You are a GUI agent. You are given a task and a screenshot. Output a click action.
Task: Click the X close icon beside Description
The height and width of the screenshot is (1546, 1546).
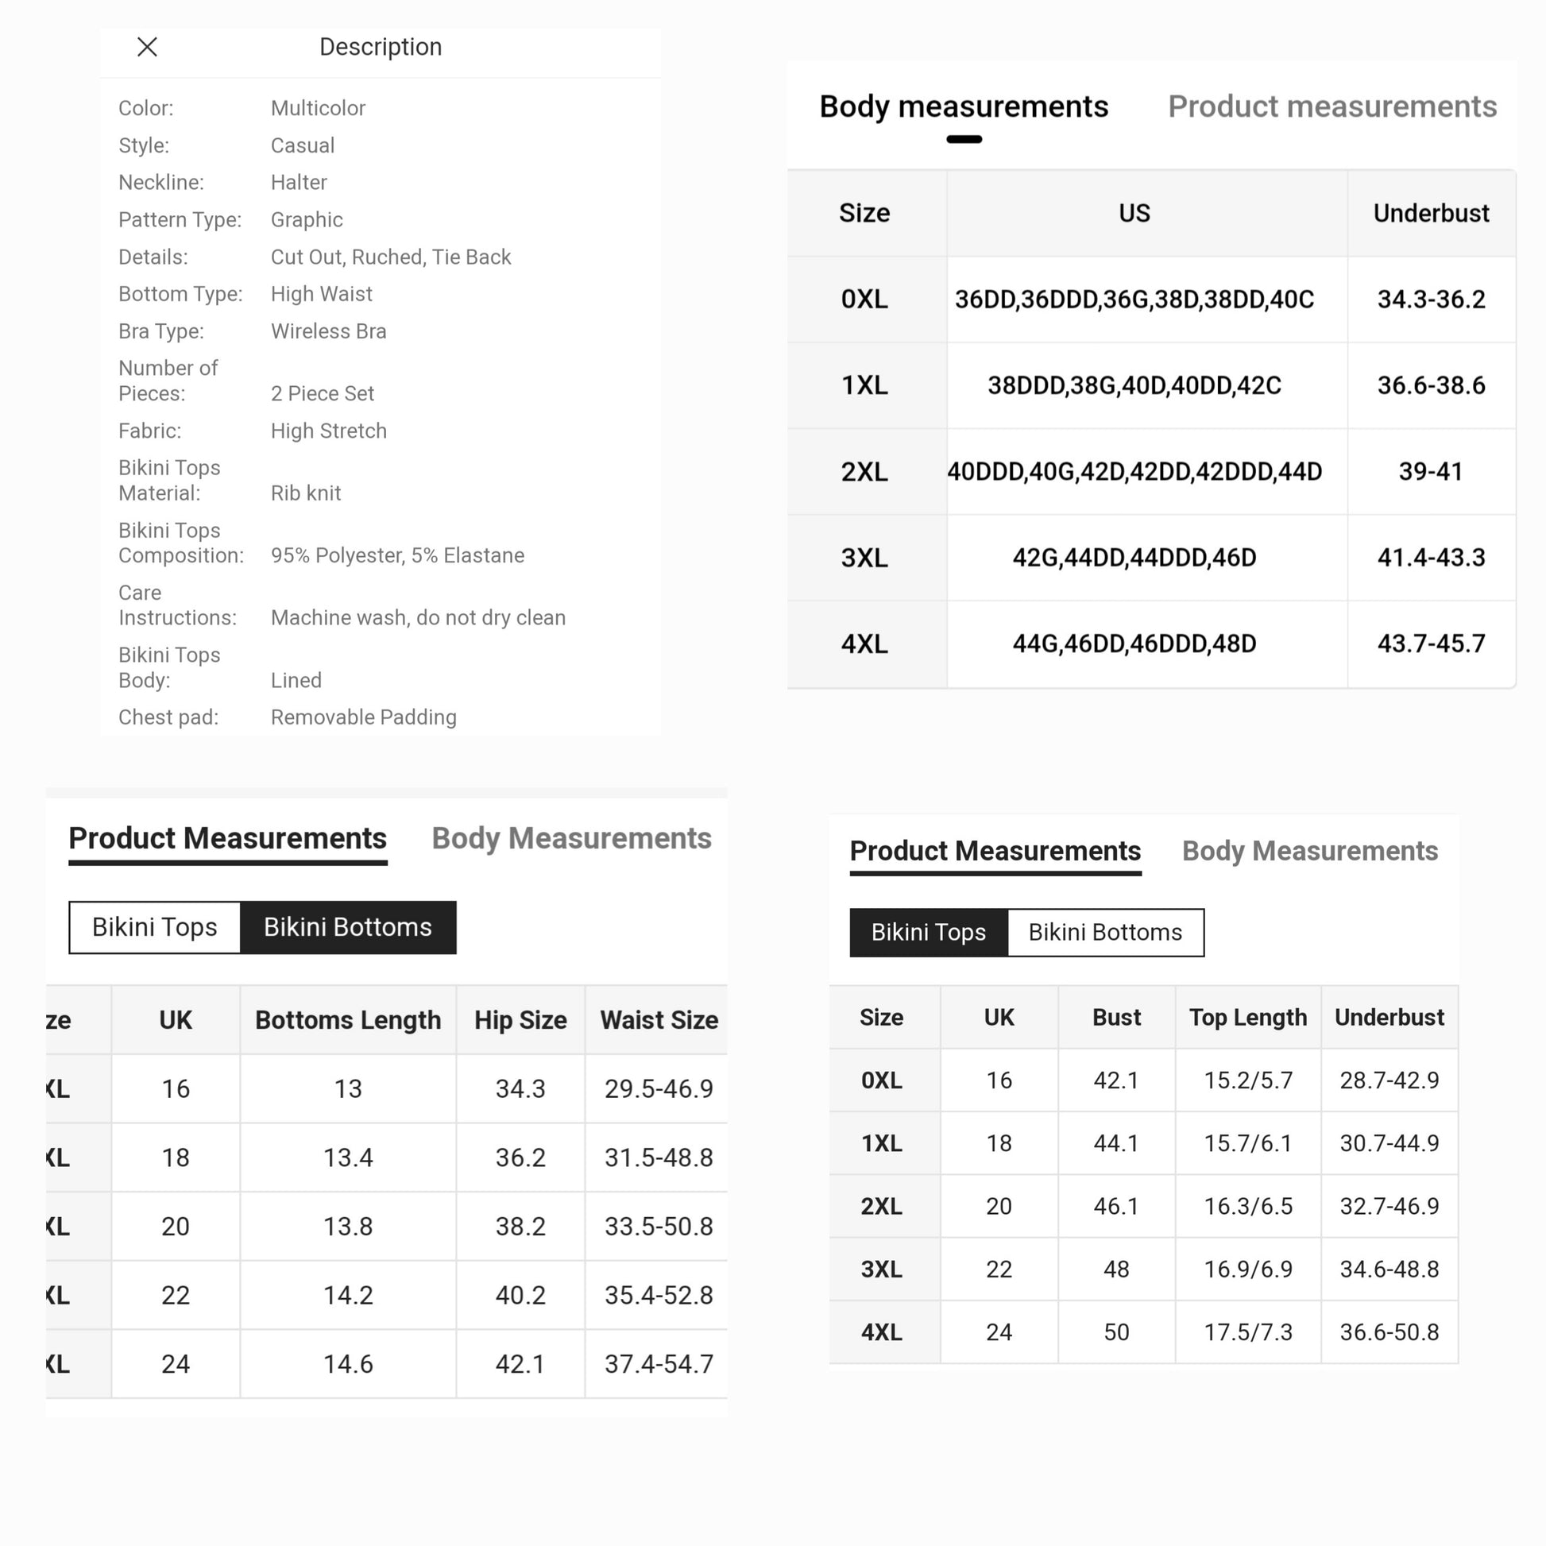click(x=147, y=47)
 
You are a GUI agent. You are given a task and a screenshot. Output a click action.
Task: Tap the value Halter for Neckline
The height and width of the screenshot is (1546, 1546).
click(x=299, y=183)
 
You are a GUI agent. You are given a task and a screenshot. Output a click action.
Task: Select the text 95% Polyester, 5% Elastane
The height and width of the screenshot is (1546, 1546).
click(x=397, y=555)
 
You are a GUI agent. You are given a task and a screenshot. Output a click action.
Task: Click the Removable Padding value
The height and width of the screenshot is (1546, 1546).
click(x=363, y=717)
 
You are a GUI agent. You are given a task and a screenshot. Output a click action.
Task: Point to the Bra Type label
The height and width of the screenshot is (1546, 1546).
click(x=160, y=331)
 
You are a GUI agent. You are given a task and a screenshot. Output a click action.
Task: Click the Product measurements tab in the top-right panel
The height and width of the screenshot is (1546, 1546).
click(x=1331, y=106)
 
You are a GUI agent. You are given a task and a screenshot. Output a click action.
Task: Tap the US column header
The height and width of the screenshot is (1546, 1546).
click(x=1134, y=213)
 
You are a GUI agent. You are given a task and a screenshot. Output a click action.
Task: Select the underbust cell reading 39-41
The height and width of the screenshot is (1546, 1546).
click(x=1430, y=471)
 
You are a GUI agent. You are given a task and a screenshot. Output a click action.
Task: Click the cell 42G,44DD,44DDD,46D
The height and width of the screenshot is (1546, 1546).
click(x=1134, y=557)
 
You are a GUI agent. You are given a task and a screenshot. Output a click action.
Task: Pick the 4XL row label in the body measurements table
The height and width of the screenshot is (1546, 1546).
click(x=864, y=644)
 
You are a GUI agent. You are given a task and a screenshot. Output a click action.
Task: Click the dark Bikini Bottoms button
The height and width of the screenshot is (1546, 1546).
click(x=347, y=926)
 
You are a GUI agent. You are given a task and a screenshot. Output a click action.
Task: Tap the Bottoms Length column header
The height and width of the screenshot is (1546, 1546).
click(x=347, y=1019)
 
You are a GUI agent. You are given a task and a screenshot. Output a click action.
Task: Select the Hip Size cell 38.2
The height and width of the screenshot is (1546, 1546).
click(x=520, y=1226)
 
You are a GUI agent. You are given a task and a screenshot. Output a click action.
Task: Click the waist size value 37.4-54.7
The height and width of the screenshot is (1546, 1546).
click(x=658, y=1363)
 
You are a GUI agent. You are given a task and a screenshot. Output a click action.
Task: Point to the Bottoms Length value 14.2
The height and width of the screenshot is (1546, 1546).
click(x=347, y=1295)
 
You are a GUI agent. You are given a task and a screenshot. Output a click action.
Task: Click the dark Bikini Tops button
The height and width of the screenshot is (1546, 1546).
click(x=928, y=932)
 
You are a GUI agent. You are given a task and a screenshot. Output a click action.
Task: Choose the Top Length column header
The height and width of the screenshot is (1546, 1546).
click(x=1247, y=1017)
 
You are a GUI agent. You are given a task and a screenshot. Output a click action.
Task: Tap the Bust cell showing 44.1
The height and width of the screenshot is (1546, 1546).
click(x=1115, y=1142)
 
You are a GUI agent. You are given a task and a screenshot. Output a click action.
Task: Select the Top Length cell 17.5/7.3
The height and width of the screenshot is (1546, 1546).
click(x=1247, y=1331)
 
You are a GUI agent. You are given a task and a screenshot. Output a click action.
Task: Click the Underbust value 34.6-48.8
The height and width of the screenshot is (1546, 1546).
click(x=1389, y=1269)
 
